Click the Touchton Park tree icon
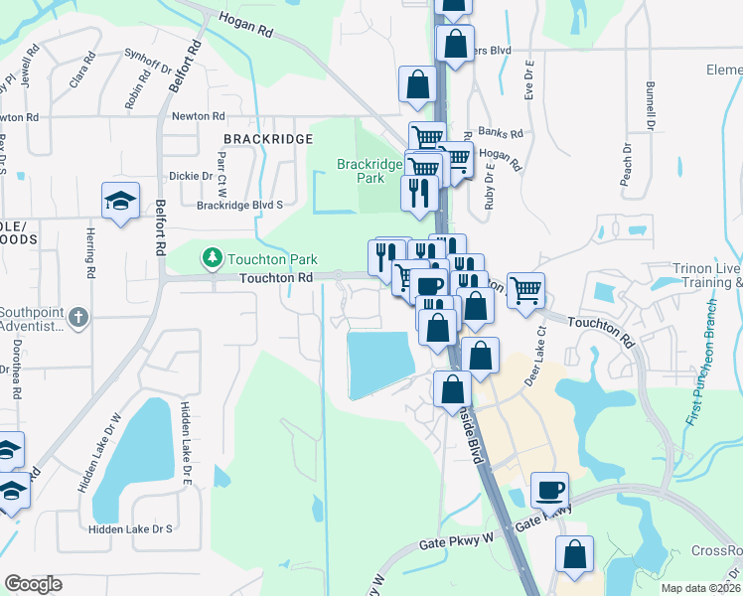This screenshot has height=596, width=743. (x=212, y=259)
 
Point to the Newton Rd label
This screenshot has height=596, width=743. (x=194, y=116)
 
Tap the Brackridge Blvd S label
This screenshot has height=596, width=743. (x=240, y=205)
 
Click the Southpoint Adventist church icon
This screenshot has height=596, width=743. (x=80, y=318)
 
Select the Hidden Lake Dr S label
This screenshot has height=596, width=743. (x=130, y=529)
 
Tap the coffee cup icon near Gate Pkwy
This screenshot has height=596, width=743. (x=549, y=490)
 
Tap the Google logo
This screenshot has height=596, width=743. (x=33, y=584)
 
